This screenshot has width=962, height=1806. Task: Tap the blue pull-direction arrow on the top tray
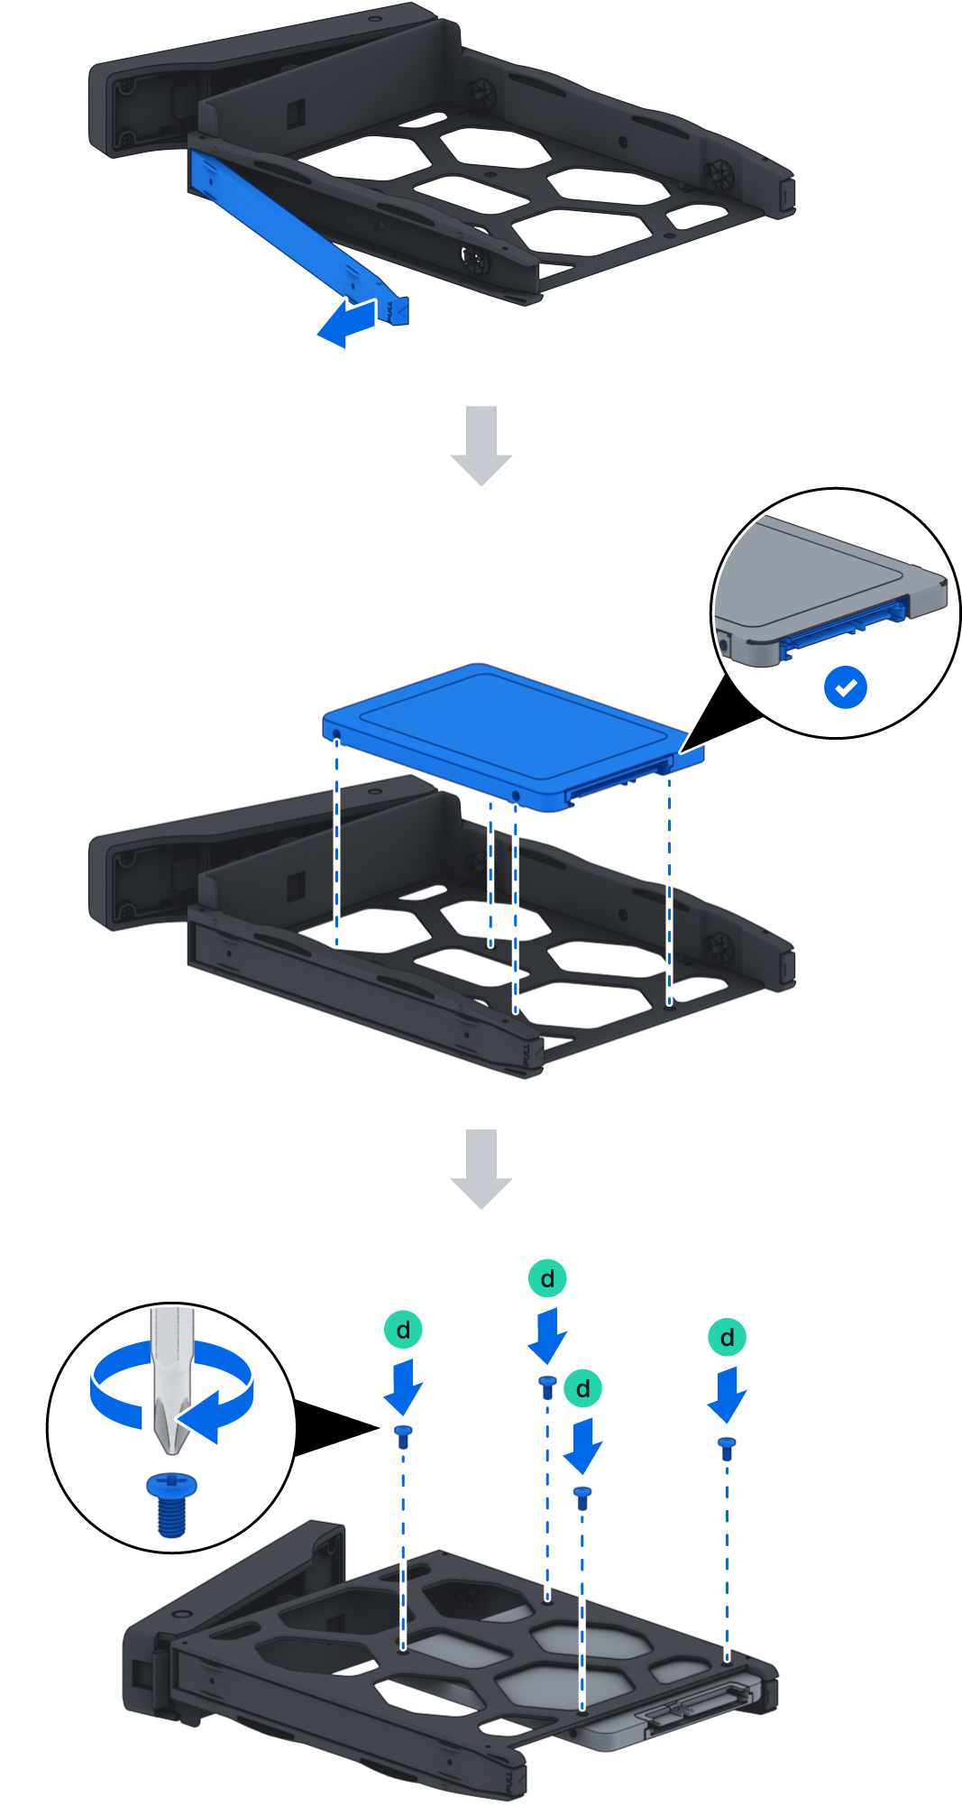coord(346,322)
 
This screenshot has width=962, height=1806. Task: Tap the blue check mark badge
coord(845,687)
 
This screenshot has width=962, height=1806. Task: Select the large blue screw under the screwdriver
coord(171,1504)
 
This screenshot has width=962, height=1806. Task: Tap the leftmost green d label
coord(403,1330)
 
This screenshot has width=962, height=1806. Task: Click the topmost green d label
coord(547,1278)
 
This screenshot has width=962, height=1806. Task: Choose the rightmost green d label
coord(727,1337)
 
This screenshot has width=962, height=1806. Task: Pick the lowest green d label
coord(583,1388)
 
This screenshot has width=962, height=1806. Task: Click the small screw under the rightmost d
coord(727,1447)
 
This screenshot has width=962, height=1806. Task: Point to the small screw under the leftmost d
coord(403,1434)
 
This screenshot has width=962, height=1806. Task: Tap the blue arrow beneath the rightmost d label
coord(727,1394)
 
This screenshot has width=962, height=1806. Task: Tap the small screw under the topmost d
coord(547,1386)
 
